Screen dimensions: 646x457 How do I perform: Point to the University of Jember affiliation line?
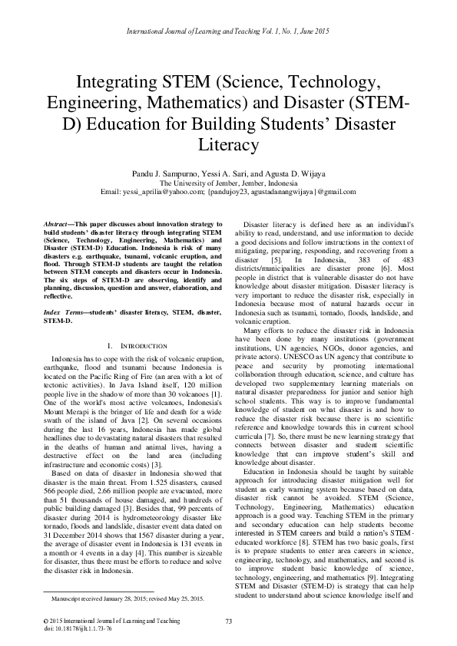coord(227,183)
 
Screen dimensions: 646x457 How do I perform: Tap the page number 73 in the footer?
coord(228,619)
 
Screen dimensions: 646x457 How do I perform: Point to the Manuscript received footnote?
coord(127,596)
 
